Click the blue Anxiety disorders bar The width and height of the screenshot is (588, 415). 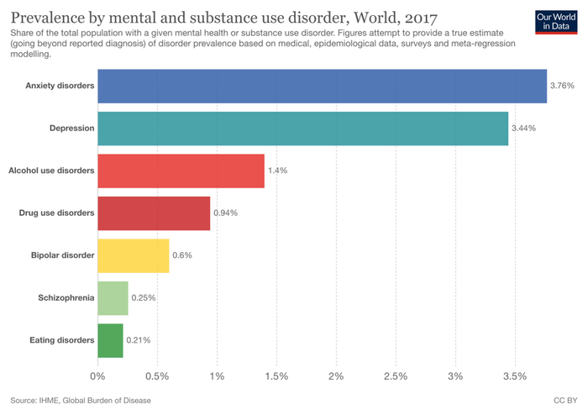[x=322, y=86]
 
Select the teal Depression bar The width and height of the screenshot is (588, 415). [x=302, y=128]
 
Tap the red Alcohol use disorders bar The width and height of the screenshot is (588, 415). [x=181, y=171]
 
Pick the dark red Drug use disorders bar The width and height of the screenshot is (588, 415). [x=154, y=213]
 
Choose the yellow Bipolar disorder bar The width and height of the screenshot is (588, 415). [x=133, y=255]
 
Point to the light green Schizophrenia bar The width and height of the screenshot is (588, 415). [x=113, y=297]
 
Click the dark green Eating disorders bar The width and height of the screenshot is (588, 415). [x=110, y=340]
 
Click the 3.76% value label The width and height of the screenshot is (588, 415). [x=561, y=86]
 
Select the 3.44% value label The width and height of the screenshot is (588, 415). [x=523, y=128]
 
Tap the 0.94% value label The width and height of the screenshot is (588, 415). [x=225, y=213]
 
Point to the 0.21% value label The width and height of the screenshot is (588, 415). [x=139, y=340]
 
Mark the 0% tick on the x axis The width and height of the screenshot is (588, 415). [x=97, y=375]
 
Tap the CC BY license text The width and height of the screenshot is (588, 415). [x=564, y=401]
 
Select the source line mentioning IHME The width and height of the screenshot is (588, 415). [x=81, y=401]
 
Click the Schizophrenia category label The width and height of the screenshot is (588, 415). [x=66, y=297]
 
